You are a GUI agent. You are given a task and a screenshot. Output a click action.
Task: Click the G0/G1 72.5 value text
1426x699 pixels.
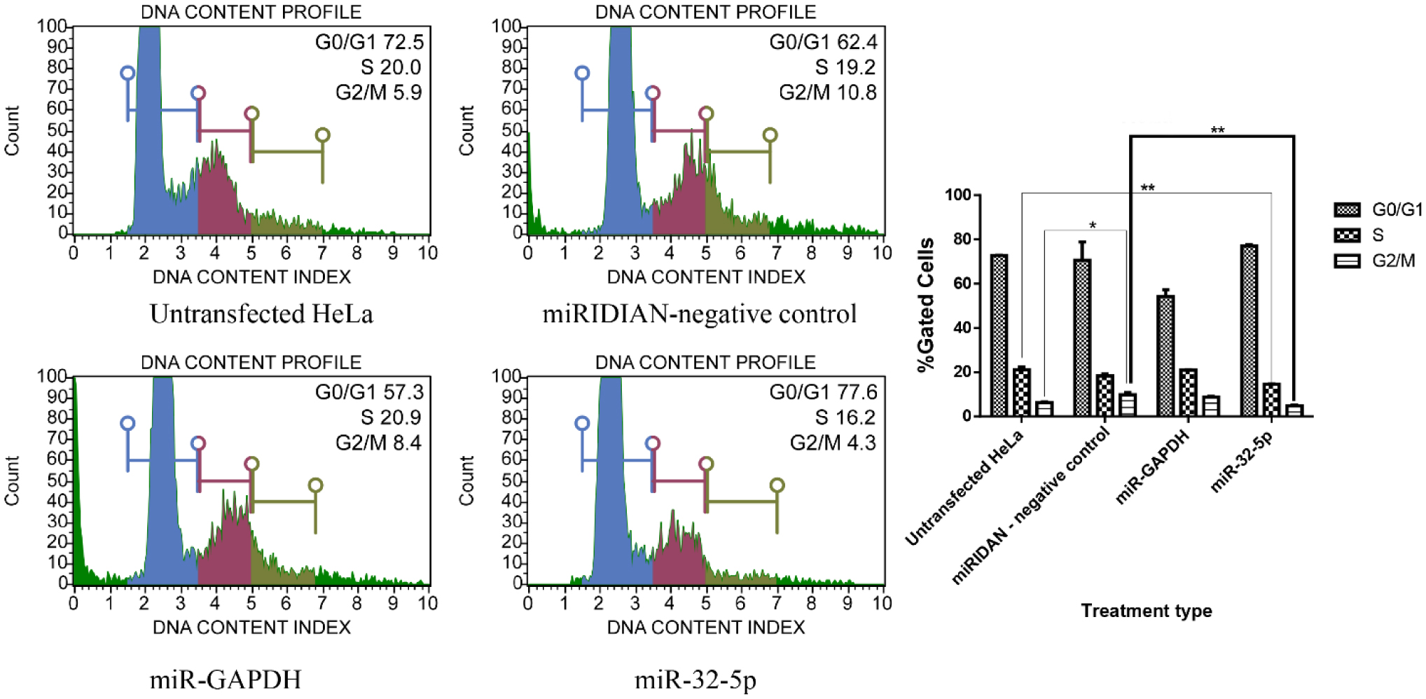tap(369, 42)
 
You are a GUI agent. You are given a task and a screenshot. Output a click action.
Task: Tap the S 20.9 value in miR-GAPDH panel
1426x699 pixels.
tap(391, 417)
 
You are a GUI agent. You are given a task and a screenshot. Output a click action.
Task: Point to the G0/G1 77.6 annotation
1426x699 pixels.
tap(823, 392)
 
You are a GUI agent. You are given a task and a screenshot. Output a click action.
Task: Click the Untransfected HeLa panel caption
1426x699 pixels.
tap(261, 314)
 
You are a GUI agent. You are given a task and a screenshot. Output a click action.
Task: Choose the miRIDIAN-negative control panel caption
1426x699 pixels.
tap(699, 314)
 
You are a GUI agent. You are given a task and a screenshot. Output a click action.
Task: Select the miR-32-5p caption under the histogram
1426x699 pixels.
tap(695, 679)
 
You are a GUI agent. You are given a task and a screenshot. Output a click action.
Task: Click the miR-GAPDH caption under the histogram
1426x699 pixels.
tap(226, 679)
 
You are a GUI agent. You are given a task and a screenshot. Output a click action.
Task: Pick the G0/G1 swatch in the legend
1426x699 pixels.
tap(1347, 209)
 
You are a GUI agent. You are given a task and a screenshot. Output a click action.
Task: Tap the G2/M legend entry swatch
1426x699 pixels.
tap(1347, 261)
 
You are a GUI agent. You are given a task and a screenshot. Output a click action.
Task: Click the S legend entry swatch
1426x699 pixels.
tap(1347, 235)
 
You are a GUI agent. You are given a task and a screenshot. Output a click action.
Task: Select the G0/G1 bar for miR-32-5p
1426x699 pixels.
tap(1248, 330)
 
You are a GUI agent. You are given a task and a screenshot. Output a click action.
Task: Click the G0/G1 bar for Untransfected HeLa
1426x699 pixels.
tap(999, 335)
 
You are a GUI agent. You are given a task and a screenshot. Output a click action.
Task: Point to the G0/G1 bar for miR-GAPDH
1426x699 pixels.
tap(1165, 356)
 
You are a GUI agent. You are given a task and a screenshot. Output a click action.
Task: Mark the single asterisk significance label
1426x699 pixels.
tap(1093, 226)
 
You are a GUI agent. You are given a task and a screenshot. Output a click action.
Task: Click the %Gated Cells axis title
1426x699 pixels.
tap(926, 304)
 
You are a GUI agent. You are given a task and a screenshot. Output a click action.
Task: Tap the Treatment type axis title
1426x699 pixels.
tap(1146, 611)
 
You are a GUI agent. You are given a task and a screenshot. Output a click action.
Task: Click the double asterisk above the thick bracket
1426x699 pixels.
tap(1217, 130)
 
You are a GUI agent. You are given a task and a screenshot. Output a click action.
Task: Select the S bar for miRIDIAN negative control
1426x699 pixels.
tap(1105, 395)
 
